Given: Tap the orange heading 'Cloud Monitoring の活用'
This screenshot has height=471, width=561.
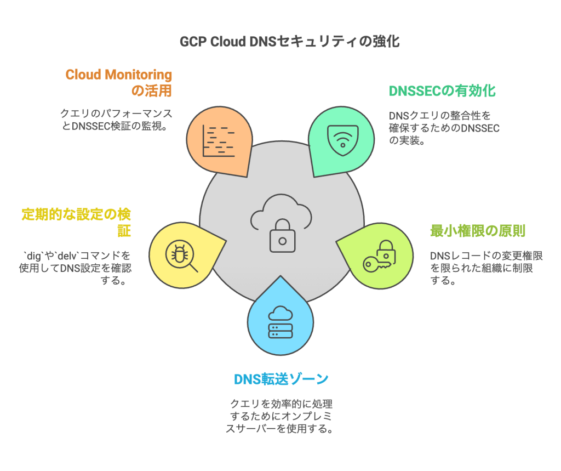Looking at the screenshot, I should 119,82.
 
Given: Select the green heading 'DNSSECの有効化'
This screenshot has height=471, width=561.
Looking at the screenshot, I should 442,90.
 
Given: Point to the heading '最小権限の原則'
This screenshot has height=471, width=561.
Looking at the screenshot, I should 477,231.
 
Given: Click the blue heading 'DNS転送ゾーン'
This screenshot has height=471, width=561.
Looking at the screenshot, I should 281,379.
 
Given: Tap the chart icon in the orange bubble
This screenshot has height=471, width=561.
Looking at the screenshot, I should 219,141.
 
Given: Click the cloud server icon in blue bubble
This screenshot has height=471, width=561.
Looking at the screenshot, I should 280,323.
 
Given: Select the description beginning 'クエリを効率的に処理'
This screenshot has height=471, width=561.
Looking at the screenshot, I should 281,416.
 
